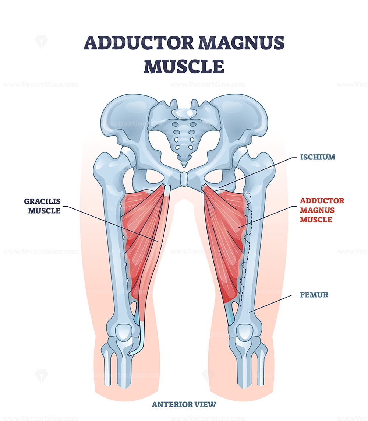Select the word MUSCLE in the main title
[x=184, y=66]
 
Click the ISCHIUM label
[x=318, y=157]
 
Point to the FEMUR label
[x=314, y=295]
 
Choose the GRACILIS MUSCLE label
[x=42, y=206]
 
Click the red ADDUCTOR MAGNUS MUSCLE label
[x=322, y=210]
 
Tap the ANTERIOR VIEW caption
[x=184, y=404]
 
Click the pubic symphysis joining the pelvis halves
[x=184, y=179]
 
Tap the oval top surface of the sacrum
[x=184, y=113]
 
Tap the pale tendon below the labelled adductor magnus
[x=230, y=314]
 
